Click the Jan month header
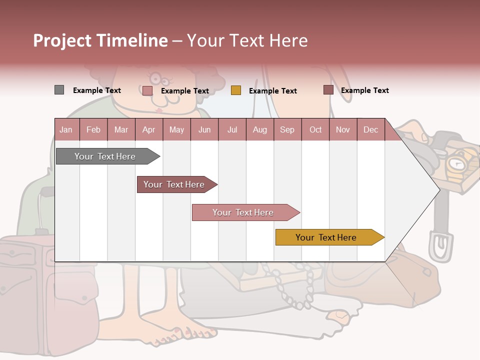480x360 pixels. point(66,130)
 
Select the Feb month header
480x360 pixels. point(93,130)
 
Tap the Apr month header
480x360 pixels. point(148,130)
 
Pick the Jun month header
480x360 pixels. point(204,130)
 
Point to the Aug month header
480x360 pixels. point(260,130)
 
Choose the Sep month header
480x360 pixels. point(287,130)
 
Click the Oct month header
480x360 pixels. point(315,130)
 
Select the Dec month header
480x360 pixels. point(370,130)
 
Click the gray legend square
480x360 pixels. point(59,90)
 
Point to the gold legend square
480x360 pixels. point(236,90)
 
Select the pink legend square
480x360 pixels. point(147,90)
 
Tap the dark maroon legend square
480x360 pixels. point(328,90)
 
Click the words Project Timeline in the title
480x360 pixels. point(100,40)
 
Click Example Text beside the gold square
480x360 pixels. point(272,91)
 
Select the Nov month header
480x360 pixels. point(343,130)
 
